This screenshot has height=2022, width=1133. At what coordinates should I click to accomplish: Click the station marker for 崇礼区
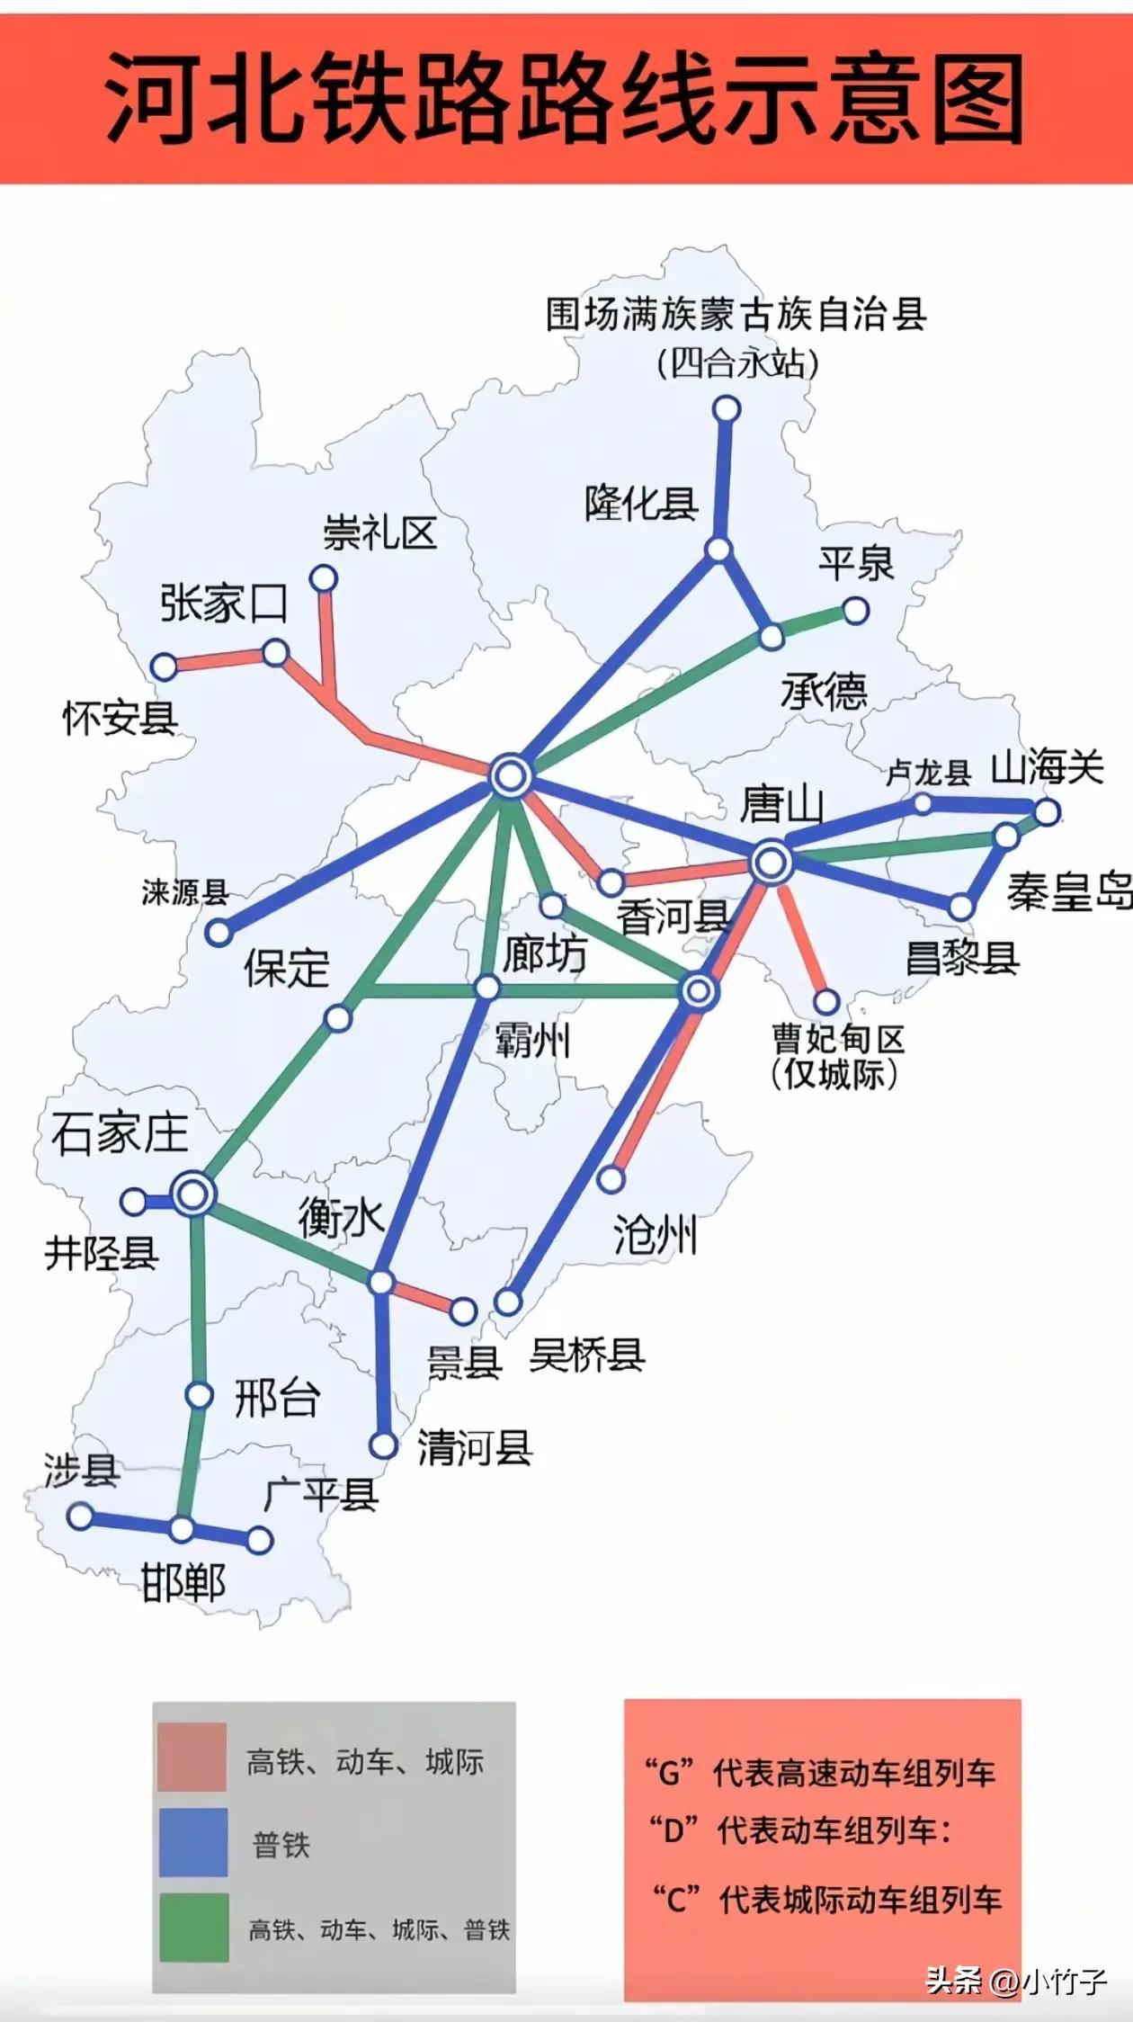[323, 578]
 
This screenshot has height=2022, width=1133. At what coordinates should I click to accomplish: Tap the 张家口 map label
[223, 603]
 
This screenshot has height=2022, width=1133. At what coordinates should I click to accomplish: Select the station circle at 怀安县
[164, 667]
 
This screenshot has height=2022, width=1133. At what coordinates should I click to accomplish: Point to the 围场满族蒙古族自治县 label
[736, 315]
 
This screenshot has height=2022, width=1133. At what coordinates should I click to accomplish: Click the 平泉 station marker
[855, 612]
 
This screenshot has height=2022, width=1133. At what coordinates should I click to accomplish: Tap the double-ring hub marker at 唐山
[770, 863]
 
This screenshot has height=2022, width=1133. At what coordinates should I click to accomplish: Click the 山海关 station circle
[1047, 812]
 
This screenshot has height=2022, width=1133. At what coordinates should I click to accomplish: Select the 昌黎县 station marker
[961, 907]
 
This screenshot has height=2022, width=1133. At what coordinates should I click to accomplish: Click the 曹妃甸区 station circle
[826, 1001]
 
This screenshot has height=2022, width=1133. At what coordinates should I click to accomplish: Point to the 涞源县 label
[185, 892]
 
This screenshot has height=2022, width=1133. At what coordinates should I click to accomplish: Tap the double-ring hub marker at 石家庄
[193, 1194]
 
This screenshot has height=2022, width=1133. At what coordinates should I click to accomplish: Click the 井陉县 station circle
[134, 1201]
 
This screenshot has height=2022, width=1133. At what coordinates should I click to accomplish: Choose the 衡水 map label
[341, 1219]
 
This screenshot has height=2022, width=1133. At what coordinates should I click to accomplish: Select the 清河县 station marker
[384, 1445]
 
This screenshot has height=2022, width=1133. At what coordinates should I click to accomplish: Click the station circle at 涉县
[80, 1516]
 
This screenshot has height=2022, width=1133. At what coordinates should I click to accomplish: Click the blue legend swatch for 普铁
[193, 1843]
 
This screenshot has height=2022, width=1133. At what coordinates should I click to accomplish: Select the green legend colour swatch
[193, 1927]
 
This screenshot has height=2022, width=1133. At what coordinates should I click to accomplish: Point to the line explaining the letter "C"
[826, 1901]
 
